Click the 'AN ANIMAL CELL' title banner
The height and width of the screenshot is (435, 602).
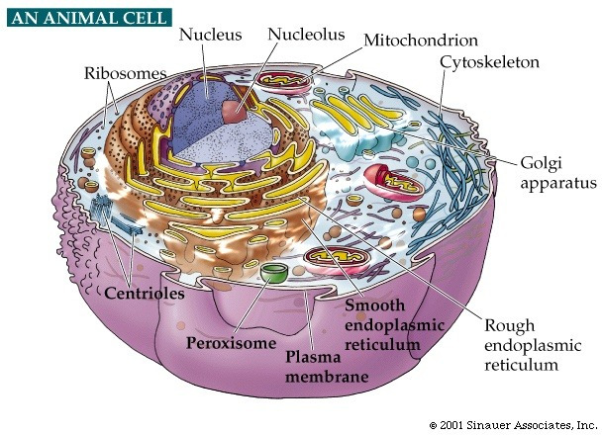click(x=89, y=18)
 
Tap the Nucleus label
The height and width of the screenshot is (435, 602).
click(x=210, y=35)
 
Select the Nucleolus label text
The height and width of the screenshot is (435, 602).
click(x=306, y=35)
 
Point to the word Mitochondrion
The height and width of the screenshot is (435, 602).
click(x=421, y=41)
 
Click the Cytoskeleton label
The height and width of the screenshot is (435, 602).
click(x=489, y=62)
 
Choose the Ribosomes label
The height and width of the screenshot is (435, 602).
click(x=125, y=73)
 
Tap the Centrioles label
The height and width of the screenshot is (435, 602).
click(x=145, y=294)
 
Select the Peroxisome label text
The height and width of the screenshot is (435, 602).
click(x=231, y=343)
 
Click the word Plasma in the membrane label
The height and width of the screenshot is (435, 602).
click(x=313, y=358)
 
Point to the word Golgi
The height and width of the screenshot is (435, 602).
click(x=541, y=164)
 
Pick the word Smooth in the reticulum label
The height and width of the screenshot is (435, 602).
click(x=374, y=305)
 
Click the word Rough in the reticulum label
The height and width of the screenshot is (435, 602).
click(x=510, y=326)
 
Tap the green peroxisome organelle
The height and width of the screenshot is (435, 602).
click(x=273, y=273)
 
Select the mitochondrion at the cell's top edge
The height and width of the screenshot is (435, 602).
click(x=284, y=82)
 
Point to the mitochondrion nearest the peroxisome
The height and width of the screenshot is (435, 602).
click(x=337, y=259)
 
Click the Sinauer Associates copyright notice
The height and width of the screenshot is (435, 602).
click(x=513, y=425)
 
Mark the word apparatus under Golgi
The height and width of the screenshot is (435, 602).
click(x=558, y=184)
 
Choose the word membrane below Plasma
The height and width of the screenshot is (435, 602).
click(x=327, y=377)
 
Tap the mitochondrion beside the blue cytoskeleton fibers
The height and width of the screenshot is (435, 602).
click(x=393, y=183)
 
